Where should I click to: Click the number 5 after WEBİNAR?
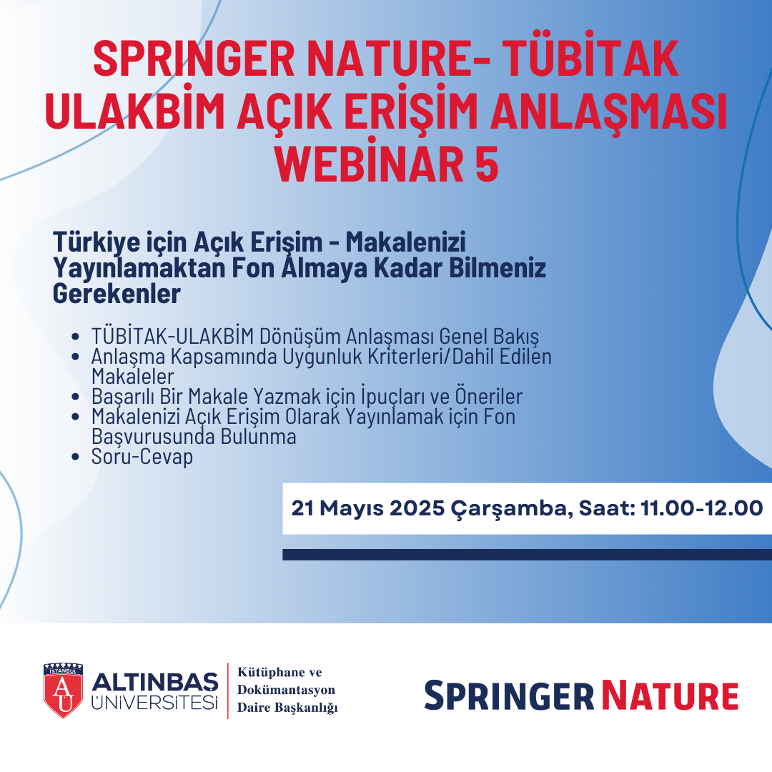point(487,164)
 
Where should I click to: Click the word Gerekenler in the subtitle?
point(117,294)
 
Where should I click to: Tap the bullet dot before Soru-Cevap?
point(75,457)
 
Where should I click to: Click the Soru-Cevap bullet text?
point(142,457)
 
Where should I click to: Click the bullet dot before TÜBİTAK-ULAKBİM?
point(75,337)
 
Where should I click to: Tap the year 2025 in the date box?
point(417,508)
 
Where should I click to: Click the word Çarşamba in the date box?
point(512,509)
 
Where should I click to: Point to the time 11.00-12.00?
point(702,508)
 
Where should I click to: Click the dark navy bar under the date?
point(528,555)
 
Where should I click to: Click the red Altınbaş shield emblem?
point(63,691)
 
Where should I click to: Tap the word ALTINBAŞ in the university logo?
point(154,683)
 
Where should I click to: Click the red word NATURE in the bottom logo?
point(670,696)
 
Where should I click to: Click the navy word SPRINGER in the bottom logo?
point(509,696)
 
